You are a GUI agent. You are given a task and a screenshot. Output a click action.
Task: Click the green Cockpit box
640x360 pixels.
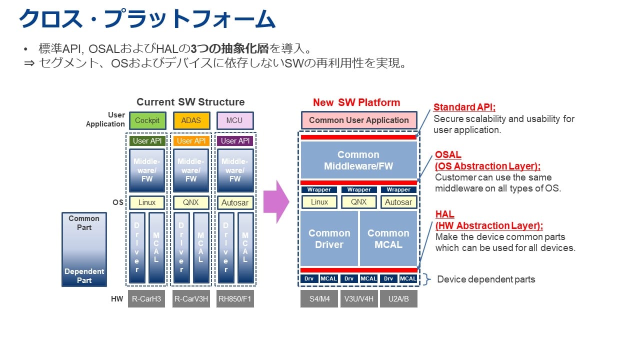[x=147, y=120]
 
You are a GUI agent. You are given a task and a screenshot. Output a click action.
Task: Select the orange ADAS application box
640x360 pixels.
[x=191, y=120]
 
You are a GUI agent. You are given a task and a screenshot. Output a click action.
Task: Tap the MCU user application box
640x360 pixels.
[x=234, y=120]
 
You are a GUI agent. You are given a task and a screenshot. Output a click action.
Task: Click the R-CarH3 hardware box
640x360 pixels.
[x=146, y=298]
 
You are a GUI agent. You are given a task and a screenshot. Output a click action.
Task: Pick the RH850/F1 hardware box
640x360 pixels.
[x=234, y=298]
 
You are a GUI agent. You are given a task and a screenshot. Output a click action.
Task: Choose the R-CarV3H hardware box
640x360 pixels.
[x=191, y=298]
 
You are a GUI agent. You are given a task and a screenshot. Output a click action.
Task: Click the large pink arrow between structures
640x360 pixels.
[x=276, y=201]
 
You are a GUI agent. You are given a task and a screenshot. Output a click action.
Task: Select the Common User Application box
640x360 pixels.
[x=358, y=120]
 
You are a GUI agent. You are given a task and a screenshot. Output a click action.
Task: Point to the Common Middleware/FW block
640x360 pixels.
[x=358, y=160]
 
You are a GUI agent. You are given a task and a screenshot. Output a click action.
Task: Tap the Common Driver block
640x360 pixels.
[x=329, y=238]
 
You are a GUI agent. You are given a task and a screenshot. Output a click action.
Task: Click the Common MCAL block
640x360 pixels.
[x=388, y=238]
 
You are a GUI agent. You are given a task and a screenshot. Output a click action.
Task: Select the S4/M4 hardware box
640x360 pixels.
[x=319, y=298]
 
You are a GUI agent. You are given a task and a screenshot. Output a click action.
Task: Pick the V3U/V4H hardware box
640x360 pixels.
[x=358, y=298]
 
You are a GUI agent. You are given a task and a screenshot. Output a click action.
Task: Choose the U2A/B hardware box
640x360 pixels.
[x=398, y=298]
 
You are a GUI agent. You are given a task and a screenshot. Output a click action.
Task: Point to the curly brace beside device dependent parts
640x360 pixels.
[x=426, y=279]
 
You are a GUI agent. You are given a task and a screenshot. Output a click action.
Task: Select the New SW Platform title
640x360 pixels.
[x=356, y=102]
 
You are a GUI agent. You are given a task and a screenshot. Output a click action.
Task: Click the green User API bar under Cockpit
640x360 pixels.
[x=147, y=141]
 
